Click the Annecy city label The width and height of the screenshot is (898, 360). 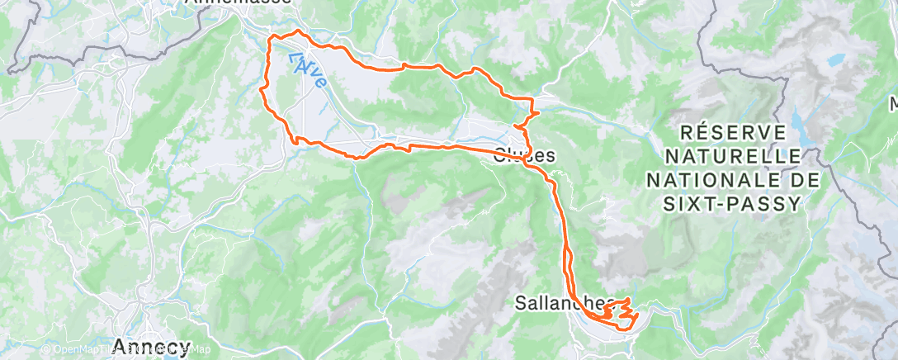152,346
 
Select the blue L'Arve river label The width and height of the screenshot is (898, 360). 307,69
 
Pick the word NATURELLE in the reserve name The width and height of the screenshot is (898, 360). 732,156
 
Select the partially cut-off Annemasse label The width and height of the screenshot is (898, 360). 239,2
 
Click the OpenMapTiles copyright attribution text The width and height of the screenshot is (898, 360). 92,350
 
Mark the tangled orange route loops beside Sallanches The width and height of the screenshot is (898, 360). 619,313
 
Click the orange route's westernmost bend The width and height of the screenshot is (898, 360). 262,86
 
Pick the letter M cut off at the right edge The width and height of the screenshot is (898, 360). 893,105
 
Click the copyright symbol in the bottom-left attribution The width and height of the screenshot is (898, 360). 46,350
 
